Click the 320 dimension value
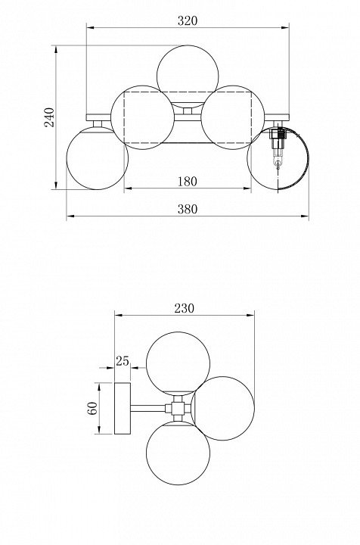point(188,21)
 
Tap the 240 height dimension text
point(49,117)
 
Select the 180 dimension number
point(188,182)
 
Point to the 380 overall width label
point(188,209)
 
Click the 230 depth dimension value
point(185,308)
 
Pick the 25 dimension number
point(123,362)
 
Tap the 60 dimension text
point(92,409)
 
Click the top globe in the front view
point(188,76)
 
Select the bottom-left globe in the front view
point(98,158)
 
